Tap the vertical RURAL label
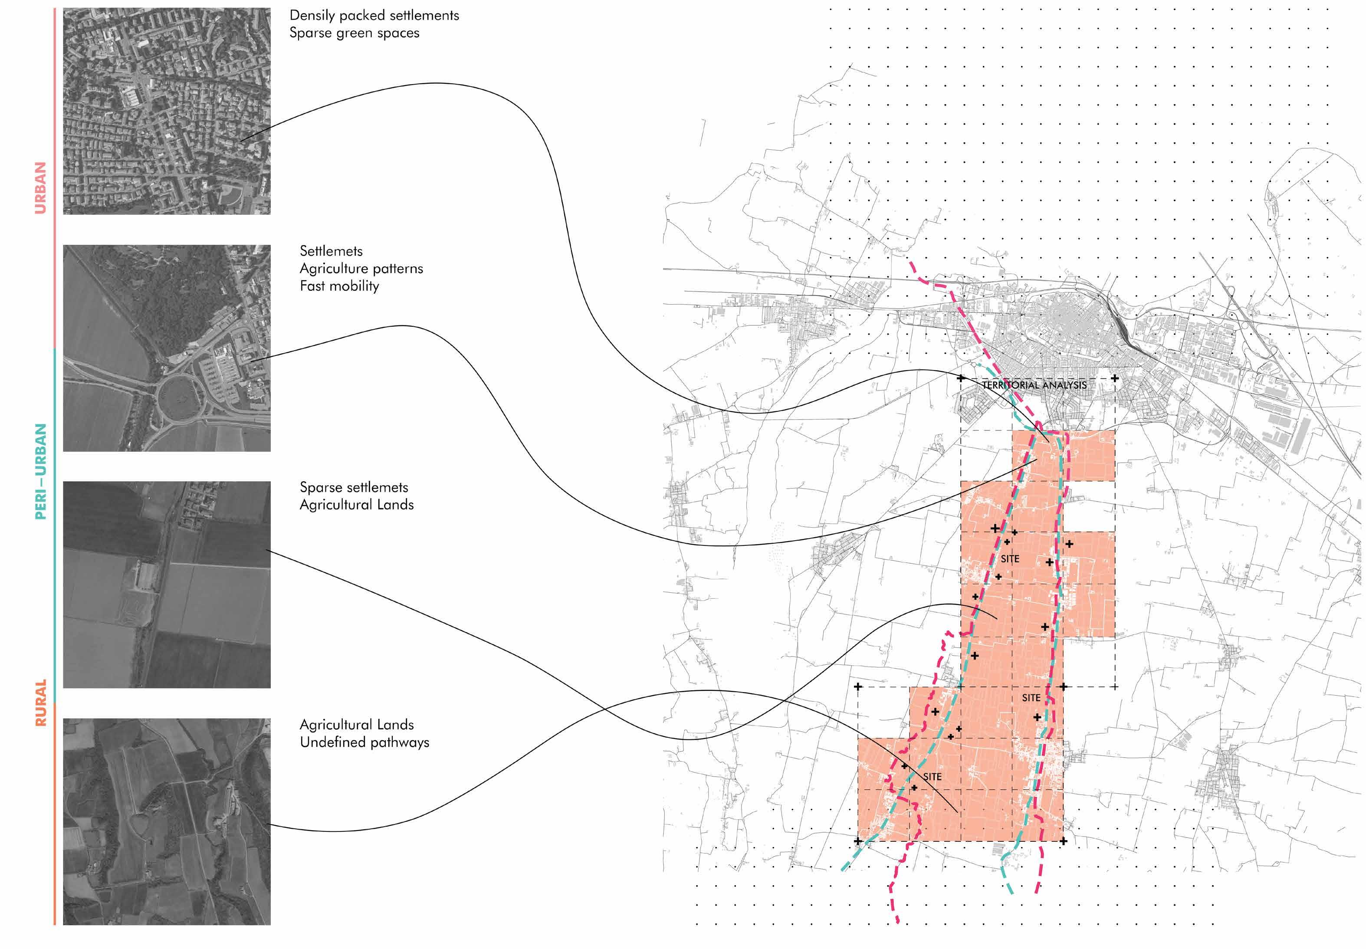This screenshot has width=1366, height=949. (x=40, y=703)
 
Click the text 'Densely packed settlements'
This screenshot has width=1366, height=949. (x=374, y=16)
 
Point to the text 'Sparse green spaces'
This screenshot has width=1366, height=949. (x=354, y=33)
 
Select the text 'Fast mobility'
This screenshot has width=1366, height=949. (x=339, y=286)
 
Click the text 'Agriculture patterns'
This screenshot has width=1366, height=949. (x=361, y=269)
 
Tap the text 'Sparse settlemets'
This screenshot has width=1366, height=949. (x=354, y=488)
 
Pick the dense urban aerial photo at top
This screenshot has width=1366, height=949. (x=167, y=111)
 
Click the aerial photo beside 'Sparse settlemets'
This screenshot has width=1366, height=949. (x=167, y=585)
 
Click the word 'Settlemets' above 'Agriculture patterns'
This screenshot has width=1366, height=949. (x=331, y=251)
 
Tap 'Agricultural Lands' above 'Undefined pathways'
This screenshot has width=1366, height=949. (x=357, y=725)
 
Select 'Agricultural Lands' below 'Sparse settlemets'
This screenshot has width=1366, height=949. (x=357, y=505)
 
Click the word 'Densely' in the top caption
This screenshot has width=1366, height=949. (x=312, y=16)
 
